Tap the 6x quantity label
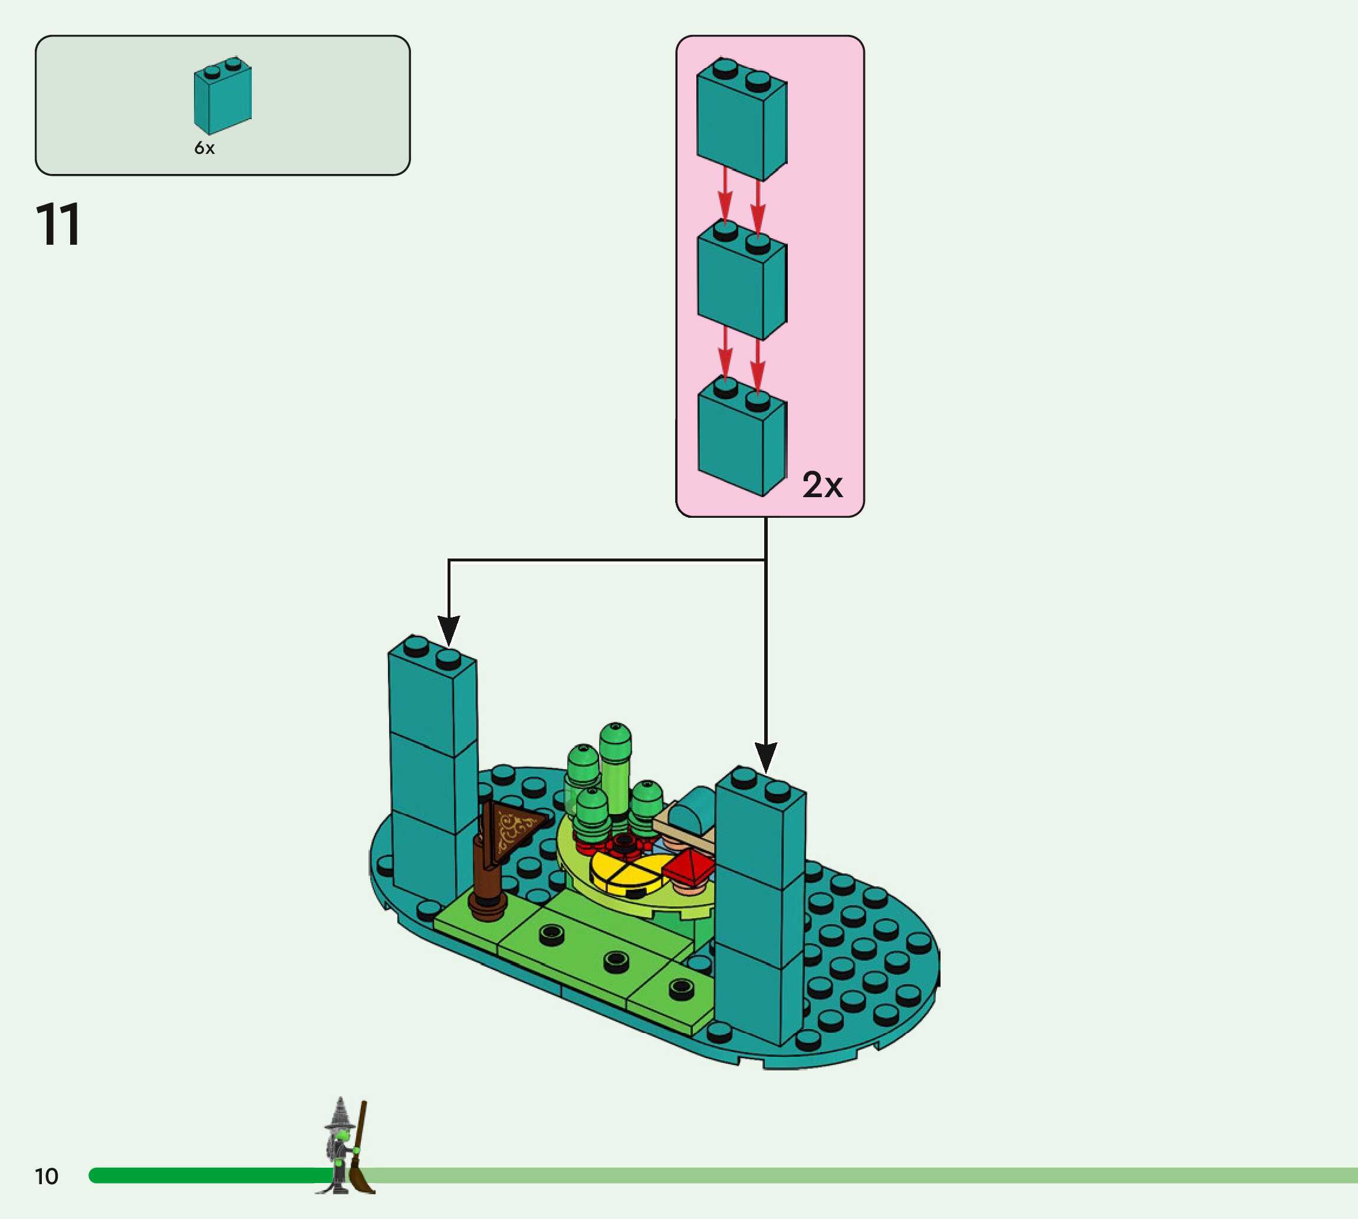(x=204, y=148)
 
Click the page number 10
(x=46, y=1176)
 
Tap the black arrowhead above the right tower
(x=765, y=757)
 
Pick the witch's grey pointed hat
(x=340, y=1115)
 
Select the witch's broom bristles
(x=362, y=1179)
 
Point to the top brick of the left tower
(x=432, y=696)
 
